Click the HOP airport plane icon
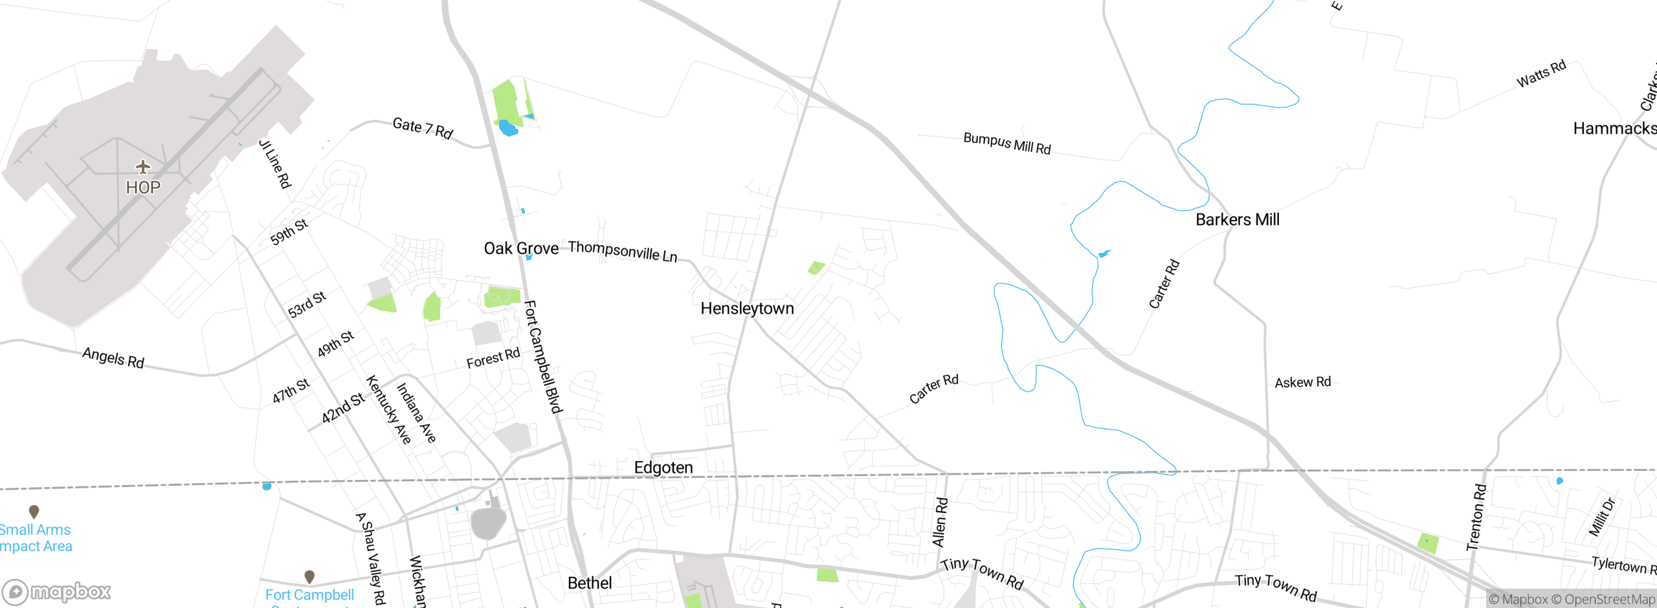coord(143,168)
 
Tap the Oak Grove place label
coord(521,248)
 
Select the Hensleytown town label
coord(747,309)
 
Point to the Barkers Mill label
coord(1237,220)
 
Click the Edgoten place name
coord(663,468)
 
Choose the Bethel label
coord(590,583)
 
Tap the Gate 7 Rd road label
coord(423,127)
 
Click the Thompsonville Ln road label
coord(623,251)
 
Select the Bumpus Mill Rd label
coord(1006,143)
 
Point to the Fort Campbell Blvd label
coord(542,356)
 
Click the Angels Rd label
coord(113,357)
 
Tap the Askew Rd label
coord(1302,382)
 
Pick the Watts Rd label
coord(1541,74)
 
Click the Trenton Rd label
coord(1476,517)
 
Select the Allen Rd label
coord(940,522)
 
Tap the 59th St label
coord(289,232)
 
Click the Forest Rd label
coord(493,358)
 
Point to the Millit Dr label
coord(1602,517)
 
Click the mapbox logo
coord(57,591)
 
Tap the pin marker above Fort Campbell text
coord(309,576)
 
